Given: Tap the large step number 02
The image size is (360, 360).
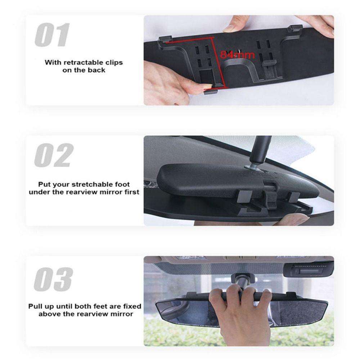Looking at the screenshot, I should (54, 155).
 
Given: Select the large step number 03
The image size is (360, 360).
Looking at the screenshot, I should (53, 279).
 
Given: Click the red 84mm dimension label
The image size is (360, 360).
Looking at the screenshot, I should (237, 55).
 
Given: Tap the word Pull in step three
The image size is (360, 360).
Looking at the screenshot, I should (35, 306).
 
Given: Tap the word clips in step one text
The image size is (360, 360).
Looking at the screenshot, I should (114, 62).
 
